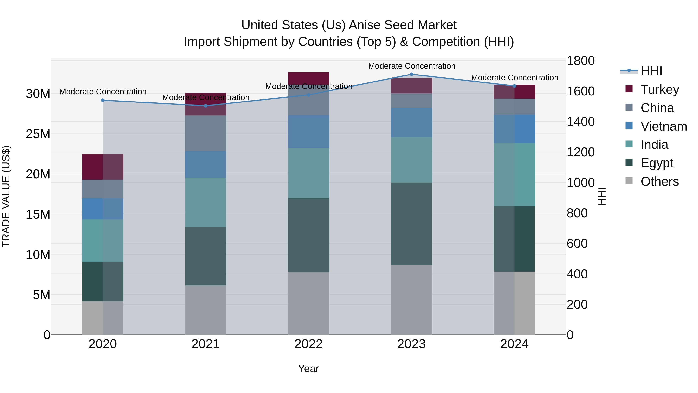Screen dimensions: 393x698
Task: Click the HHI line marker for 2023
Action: [411, 74]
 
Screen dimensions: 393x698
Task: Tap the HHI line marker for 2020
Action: [103, 100]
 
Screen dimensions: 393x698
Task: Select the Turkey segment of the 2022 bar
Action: [308, 78]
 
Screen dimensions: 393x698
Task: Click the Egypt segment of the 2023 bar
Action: [411, 224]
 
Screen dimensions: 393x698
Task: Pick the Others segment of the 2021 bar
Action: [205, 310]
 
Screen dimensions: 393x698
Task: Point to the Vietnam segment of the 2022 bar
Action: [308, 132]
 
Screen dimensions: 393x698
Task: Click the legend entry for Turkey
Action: [660, 89]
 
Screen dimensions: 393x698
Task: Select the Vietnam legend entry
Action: [663, 126]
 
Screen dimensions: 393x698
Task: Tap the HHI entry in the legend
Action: [651, 71]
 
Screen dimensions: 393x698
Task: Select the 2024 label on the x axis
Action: [514, 344]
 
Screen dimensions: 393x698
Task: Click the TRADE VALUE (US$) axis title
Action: [6, 196]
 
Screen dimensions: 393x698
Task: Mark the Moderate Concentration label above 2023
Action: [411, 66]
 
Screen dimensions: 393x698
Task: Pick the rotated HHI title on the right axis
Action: [602, 196]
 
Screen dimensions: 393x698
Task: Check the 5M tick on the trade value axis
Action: [41, 295]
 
